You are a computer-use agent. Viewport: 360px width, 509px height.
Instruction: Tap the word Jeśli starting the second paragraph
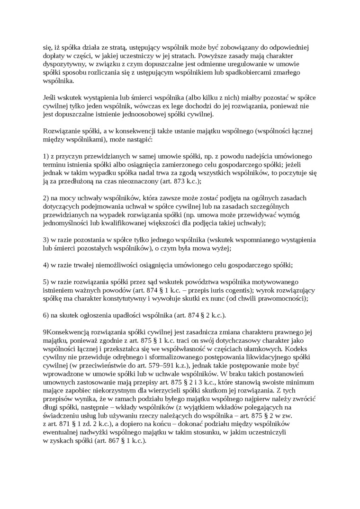50,97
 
